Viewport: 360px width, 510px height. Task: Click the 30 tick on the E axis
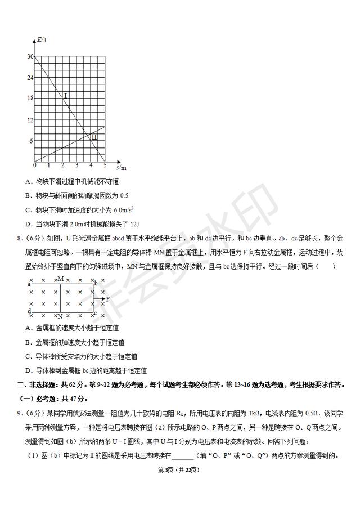click(x=30, y=56)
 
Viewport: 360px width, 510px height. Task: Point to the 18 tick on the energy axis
click(x=30, y=98)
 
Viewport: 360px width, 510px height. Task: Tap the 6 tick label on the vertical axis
click(x=31, y=141)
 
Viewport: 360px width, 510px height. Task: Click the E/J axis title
click(x=41, y=39)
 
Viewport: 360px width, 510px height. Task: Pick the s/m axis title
click(x=120, y=167)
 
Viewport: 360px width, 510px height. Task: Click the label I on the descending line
click(x=65, y=96)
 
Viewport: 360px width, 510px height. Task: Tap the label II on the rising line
click(x=94, y=137)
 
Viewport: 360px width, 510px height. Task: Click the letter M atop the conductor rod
click(x=60, y=279)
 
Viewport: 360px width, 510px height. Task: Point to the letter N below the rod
click(x=60, y=316)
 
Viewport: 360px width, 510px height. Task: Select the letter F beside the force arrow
click(x=107, y=298)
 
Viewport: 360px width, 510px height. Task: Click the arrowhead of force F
click(x=103, y=298)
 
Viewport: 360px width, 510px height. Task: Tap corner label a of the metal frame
click(x=28, y=284)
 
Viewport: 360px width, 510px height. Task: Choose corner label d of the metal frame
click(x=28, y=311)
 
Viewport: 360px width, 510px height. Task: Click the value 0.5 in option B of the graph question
click(x=124, y=195)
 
